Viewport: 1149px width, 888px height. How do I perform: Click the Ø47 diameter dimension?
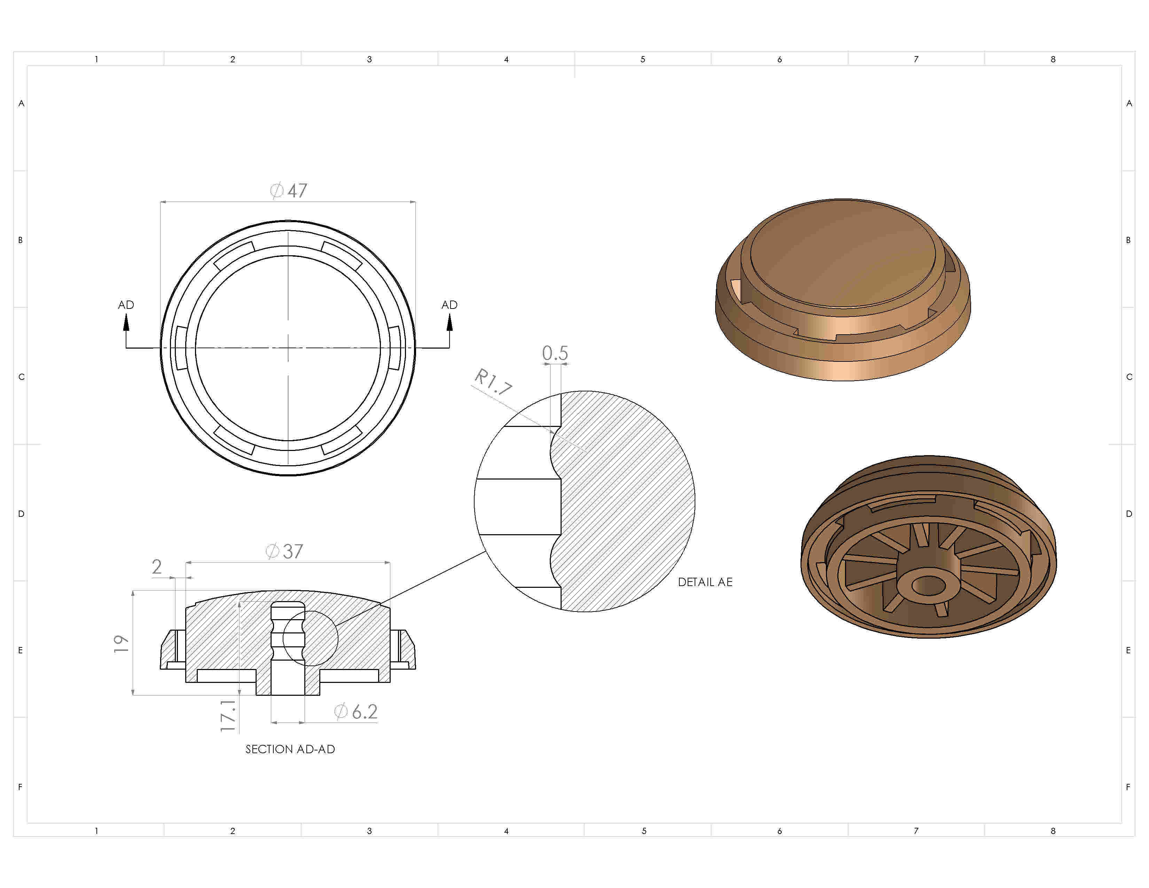click(x=289, y=190)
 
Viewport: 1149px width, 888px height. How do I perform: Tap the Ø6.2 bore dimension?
click(x=357, y=712)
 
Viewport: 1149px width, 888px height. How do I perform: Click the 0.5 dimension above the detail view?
click(x=555, y=353)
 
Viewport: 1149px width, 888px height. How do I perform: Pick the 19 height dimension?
click(x=121, y=644)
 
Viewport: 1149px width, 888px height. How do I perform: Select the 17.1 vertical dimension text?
click(x=228, y=716)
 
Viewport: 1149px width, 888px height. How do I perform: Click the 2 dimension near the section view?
click(x=157, y=567)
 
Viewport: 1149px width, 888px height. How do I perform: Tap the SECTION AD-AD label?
click(x=290, y=749)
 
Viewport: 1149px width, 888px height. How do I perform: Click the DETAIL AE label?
click(x=705, y=582)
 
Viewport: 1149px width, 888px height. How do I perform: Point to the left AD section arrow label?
click(x=126, y=305)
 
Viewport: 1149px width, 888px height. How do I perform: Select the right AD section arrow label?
click(x=449, y=305)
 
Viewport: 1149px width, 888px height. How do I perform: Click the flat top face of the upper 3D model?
click(x=842, y=252)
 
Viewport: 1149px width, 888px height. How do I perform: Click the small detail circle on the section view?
click(x=310, y=638)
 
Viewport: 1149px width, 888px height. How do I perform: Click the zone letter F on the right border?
click(x=1128, y=787)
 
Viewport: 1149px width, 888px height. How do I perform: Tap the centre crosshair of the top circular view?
click(x=288, y=348)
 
